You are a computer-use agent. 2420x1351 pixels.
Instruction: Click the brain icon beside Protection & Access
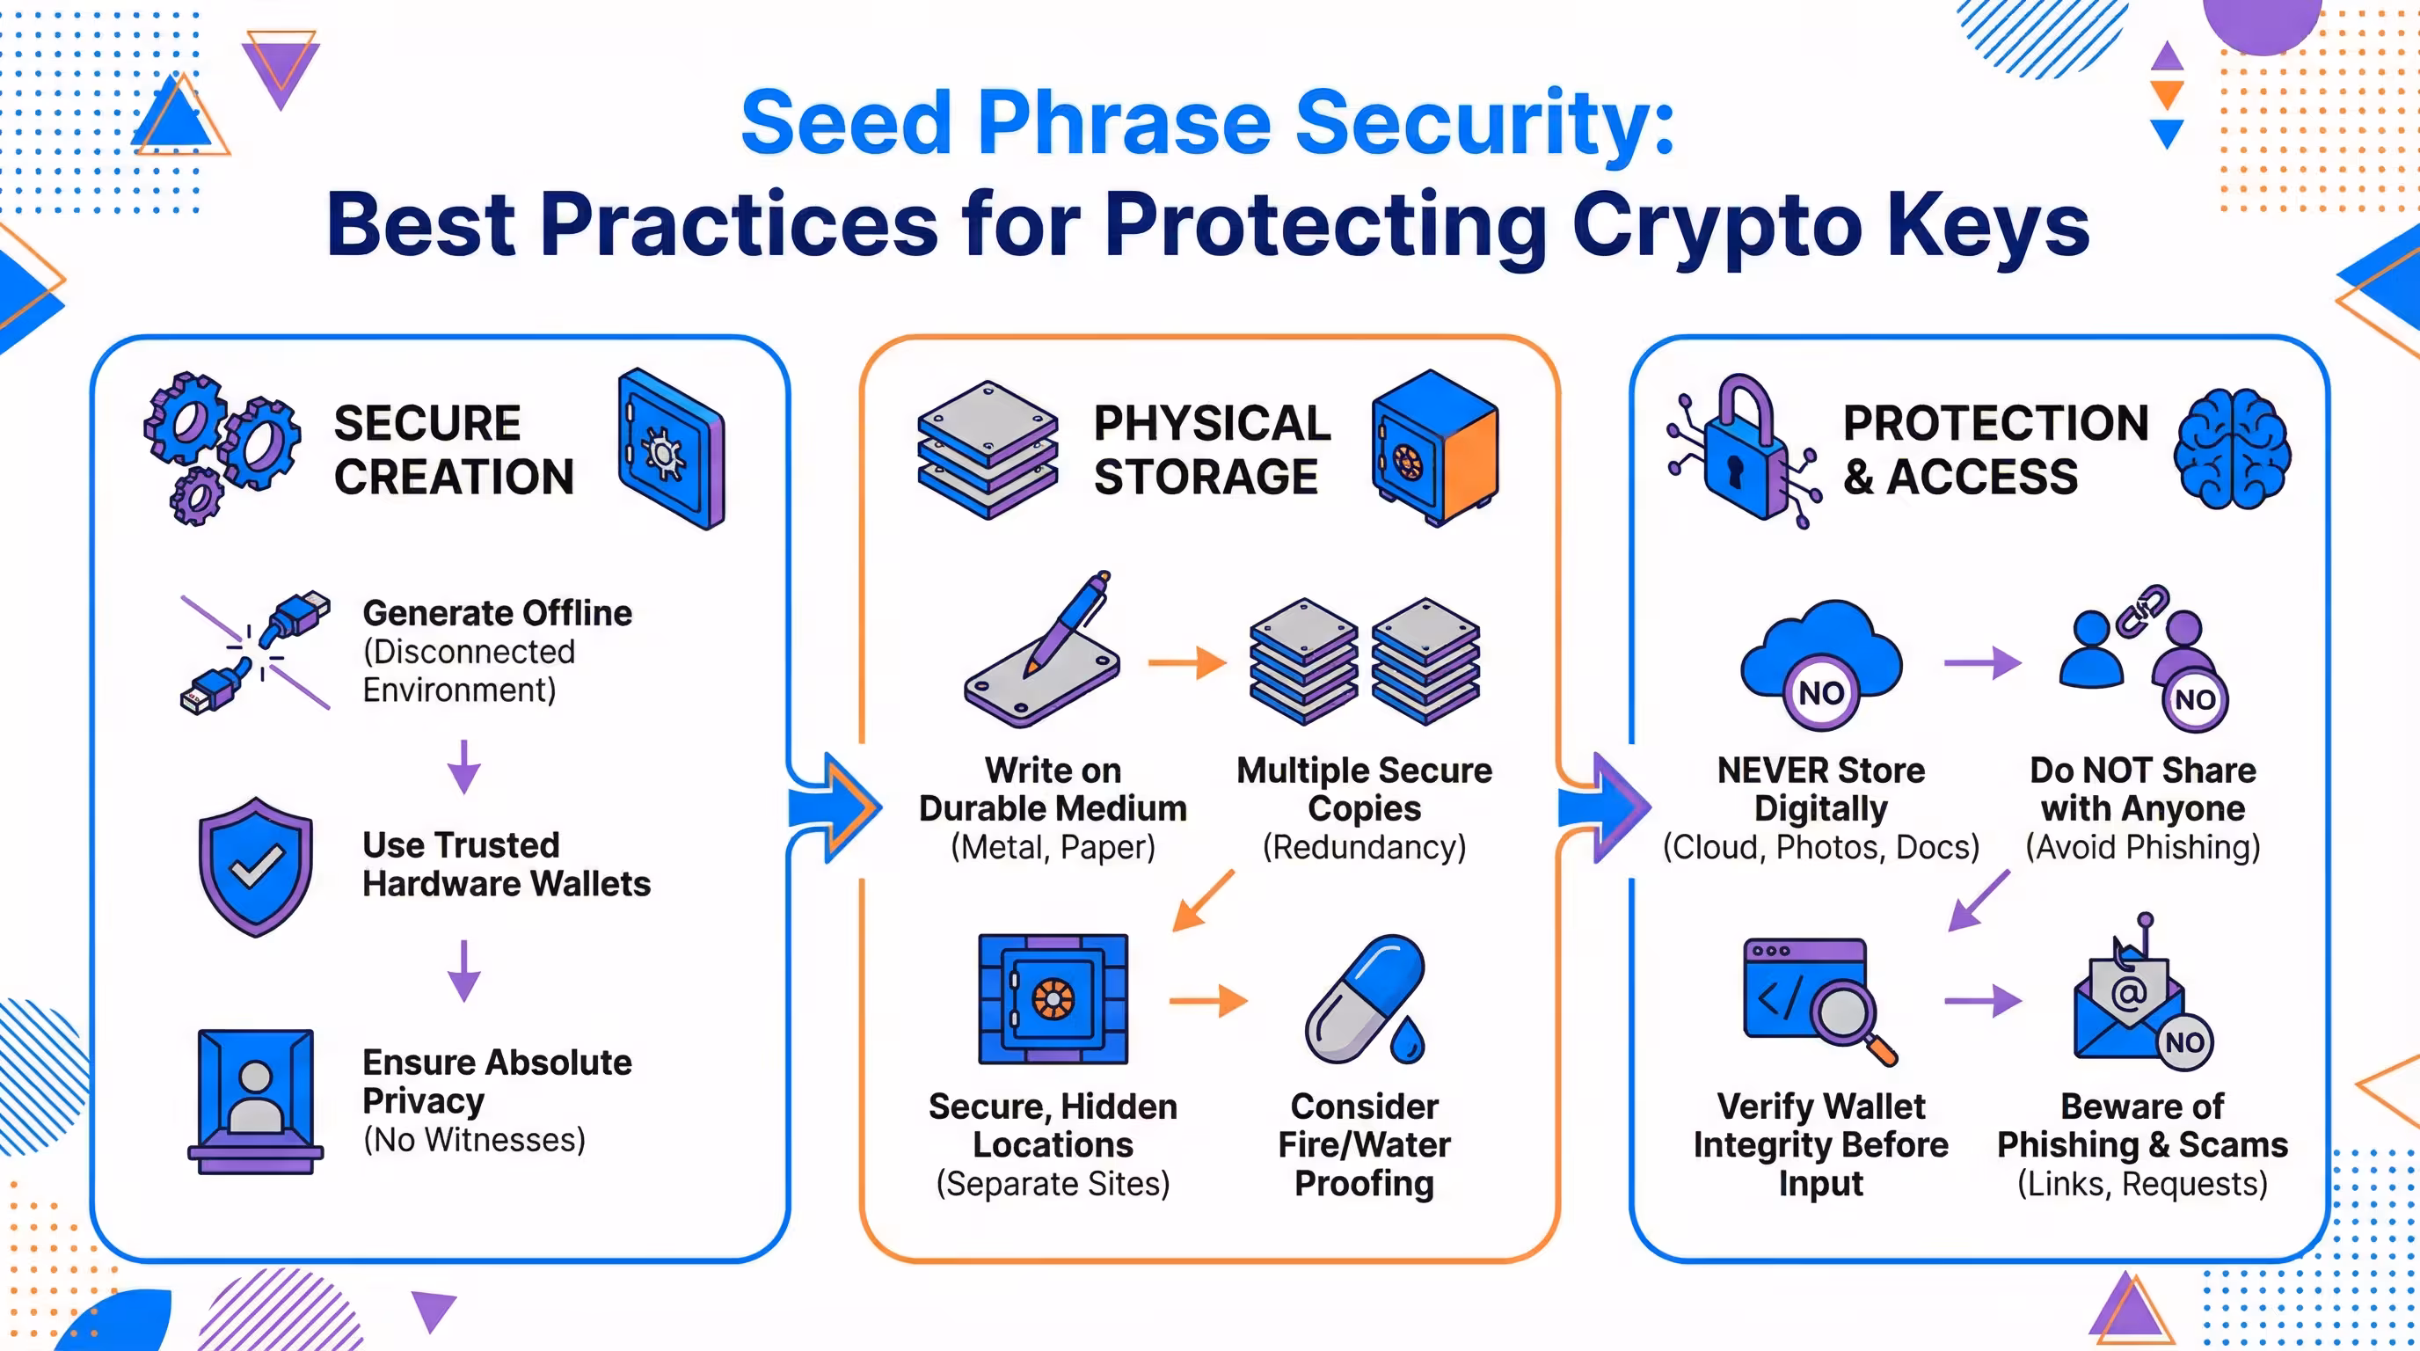(2232, 449)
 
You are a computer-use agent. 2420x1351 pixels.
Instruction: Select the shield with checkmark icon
(256, 866)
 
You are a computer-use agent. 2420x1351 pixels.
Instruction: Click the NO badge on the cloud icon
(1820, 693)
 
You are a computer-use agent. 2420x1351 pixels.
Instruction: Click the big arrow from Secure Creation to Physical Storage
(836, 806)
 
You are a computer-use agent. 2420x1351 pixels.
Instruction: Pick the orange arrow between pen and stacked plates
(1187, 662)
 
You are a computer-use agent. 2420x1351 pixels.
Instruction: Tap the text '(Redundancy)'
(1364, 846)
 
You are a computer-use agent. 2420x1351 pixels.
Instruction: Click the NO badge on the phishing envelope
(2184, 1042)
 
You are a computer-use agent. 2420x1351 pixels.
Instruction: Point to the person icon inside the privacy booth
(256, 1094)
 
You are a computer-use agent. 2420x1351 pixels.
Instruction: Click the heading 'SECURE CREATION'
(454, 449)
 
